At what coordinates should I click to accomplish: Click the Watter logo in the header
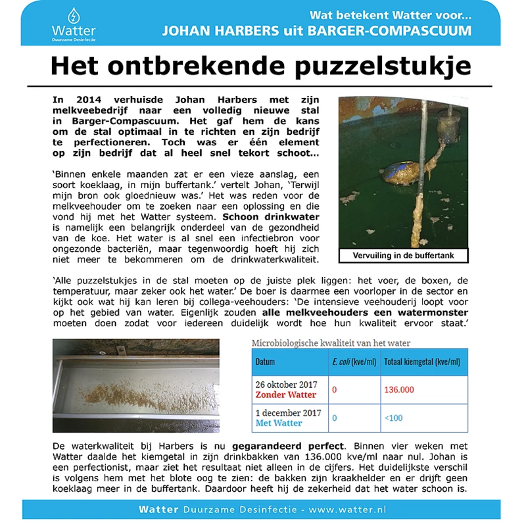click(x=72, y=22)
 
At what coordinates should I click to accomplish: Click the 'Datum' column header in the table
click(x=266, y=362)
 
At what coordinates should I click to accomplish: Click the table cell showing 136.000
click(x=399, y=389)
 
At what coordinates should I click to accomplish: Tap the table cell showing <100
click(x=394, y=418)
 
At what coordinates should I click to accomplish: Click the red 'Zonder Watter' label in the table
click(x=286, y=395)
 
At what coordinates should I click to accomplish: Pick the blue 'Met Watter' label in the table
click(x=279, y=423)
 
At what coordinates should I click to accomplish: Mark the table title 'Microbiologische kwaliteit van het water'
click(x=331, y=343)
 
